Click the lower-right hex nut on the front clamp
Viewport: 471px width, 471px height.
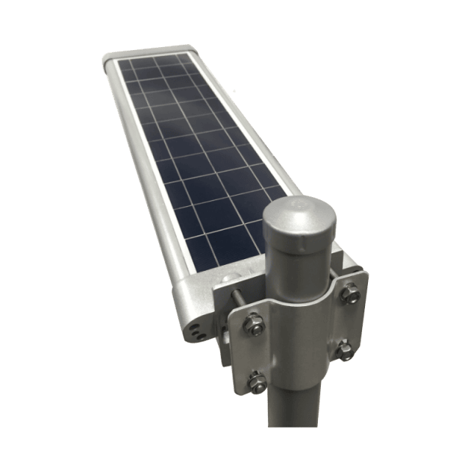coord(344,348)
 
